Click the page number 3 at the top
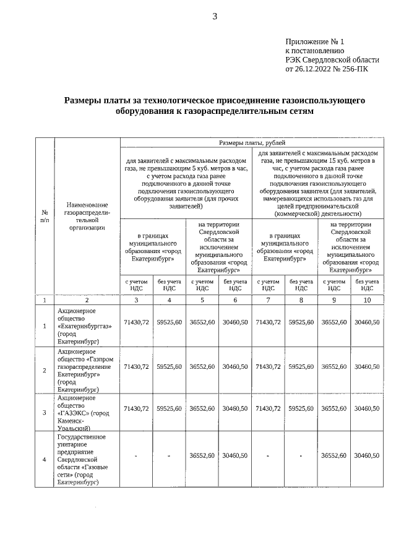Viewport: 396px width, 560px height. (x=215, y=17)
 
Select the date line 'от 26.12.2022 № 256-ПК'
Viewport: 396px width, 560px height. (x=326, y=69)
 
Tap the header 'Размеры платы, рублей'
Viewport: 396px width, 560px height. (x=252, y=142)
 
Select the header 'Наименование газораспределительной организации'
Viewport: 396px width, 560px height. (x=86, y=217)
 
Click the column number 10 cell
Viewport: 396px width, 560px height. (x=367, y=300)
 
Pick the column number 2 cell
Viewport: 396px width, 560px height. (x=86, y=300)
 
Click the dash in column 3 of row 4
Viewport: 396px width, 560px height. (x=136, y=456)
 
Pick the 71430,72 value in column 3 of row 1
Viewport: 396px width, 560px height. (x=136, y=322)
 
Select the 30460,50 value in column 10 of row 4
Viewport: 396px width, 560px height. (x=367, y=455)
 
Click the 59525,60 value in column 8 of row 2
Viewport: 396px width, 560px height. (x=301, y=367)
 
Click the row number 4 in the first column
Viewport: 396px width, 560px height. (x=44, y=459)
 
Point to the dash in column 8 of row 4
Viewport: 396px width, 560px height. (x=301, y=456)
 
